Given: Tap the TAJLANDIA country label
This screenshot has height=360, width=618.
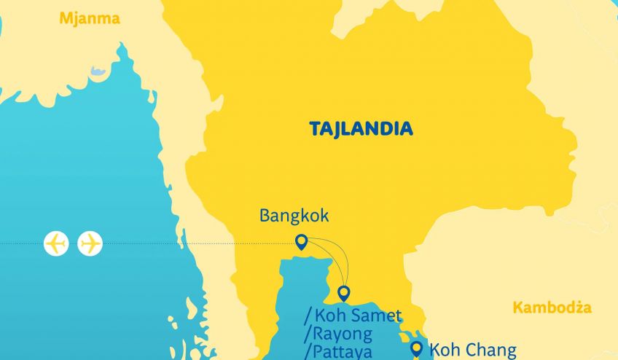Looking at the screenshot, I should pyautogui.click(x=361, y=130).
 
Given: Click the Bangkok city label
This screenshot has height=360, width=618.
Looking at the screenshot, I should pyautogui.click(x=294, y=216).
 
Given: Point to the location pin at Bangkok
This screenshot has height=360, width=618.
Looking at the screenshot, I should pyautogui.click(x=300, y=242).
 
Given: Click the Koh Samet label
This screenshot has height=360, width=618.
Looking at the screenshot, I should pyautogui.click(x=358, y=316).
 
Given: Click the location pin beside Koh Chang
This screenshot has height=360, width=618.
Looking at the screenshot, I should pyautogui.click(x=417, y=348).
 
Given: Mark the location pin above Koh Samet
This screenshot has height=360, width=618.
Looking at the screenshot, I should pyautogui.click(x=344, y=293).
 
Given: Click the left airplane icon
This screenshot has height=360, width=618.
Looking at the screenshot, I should pyautogui.click(x=56, y=243).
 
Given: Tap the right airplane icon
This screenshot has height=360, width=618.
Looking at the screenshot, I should pyautogui.click(x=90, y=243).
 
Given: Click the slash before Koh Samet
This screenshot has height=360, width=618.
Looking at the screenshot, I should pyautogui.click(x=308, y=316).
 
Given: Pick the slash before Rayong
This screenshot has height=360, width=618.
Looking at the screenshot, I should pyautogui.click(x=308, y=334).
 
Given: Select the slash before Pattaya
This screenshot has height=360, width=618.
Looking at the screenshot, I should pyautogui.click(x=308, y=353).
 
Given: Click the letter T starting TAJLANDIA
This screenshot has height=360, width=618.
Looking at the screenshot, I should pyautogui.click(x=315, y=130).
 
